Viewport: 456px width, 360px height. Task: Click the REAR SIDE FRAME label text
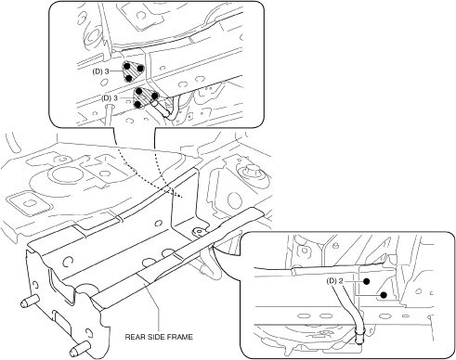pyautogui.click(x=159, y=337)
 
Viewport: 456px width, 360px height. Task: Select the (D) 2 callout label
pyautogui.click(x=334, y=281)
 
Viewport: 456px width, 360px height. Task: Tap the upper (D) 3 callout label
pyautogui.click(x=101, y=71)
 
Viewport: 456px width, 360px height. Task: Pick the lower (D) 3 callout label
pyautogui.click(x=110, y=98)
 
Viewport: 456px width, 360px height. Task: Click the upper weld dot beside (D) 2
pyautogui.click(x=367, y=281)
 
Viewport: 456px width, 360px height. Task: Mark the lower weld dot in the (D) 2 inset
pyautogui.click(x=384, y=295)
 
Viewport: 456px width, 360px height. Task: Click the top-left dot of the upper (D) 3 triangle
pyautogui.click(x=126, y=66)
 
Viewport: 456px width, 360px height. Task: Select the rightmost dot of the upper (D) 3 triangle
pyautogui.click(x=140, y=68)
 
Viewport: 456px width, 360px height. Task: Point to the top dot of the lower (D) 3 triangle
pyautogui.click(x=139, y=91)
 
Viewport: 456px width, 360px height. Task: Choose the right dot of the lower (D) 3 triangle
pyautogui.click(x=154, y=96)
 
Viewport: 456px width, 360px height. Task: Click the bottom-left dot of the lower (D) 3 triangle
pyautogui.click(x=138, y=105)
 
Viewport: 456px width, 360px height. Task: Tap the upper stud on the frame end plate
pyautogui.click(x=30, y=301)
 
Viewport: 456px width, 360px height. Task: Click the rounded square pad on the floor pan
pyautogui.click(x=30, y=203)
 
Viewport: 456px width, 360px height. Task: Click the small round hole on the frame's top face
pyautogui.click(x=159, y=223)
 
